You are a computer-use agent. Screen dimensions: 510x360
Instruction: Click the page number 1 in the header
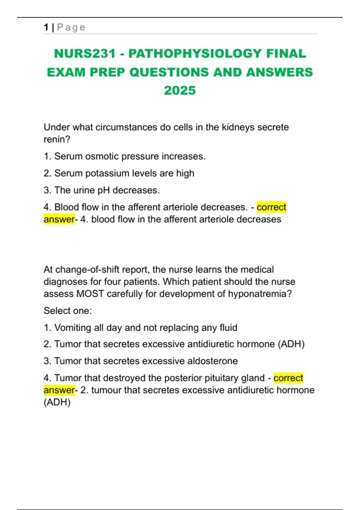coord(46,27)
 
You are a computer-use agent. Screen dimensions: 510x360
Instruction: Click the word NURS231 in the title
coord(85,54)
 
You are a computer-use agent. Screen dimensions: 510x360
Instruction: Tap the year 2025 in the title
coord(180,91)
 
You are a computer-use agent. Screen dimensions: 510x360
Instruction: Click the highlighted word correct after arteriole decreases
coord(271,207)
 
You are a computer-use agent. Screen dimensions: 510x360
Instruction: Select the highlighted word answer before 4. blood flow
coord(59,219)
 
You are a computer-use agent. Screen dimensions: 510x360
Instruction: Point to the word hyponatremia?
coord(260,294)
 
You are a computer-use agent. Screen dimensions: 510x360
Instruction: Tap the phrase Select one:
coord(67,310)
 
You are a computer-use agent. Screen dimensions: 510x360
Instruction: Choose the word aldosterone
coord(212,361)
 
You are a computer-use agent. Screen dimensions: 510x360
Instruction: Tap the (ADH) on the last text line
coord(57,402)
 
